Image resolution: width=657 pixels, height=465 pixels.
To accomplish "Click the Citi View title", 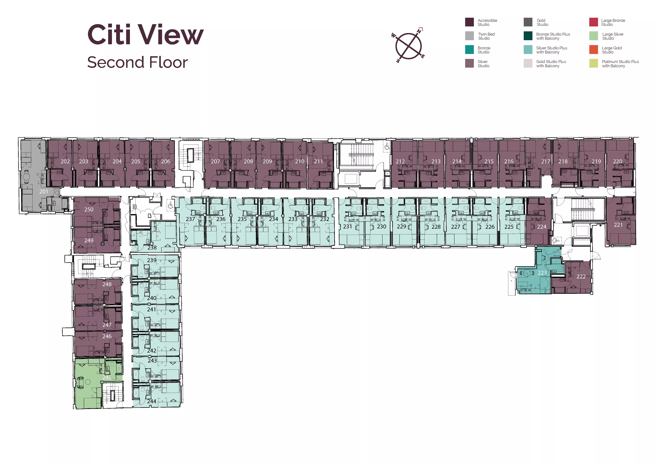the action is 145,35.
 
